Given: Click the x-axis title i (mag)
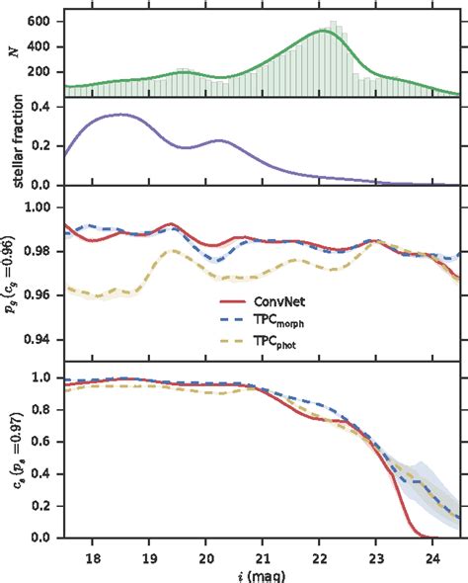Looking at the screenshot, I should tap(262, 574).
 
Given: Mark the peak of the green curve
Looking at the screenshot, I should tap(325, 31).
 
